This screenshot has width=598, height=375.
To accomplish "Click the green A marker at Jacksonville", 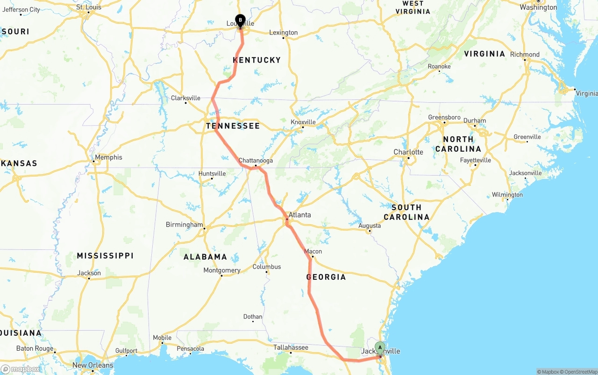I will click(x=380, y=347).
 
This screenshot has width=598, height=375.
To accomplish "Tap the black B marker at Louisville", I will click(x=240, y=20).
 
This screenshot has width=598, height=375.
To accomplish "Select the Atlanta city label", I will click(x=299, y=215).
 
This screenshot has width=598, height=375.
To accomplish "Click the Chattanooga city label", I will click(x=256, y=161).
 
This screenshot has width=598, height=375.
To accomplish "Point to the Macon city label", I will click(x=313, y=251).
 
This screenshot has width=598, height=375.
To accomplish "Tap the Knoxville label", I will click(x=303, y=122).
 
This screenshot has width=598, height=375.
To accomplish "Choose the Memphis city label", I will click(x=108, y=157).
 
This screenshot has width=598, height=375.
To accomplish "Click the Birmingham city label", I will click(x=185, y=225).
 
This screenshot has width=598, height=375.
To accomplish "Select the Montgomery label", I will click(x=222, y=270).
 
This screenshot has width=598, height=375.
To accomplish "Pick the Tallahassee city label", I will click(x=291, y=347).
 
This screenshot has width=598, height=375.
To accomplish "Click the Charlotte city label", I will click(x=408, y=152).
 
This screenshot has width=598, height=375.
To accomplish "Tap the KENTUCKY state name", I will click(x=257, y=60).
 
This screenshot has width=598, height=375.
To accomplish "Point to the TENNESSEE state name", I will click(x=233, y=126).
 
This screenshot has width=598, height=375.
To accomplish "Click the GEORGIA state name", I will click(x=326, y=277).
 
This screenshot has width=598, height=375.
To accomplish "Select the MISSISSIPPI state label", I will click(x=105, y=256).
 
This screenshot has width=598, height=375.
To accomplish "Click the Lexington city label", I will click(x=284, y=33).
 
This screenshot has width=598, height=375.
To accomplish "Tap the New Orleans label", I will click(x=93, y=365).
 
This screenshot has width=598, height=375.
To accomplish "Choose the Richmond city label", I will click(x=525, y=55).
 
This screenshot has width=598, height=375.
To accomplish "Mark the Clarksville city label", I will click(x=185, y=98).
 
